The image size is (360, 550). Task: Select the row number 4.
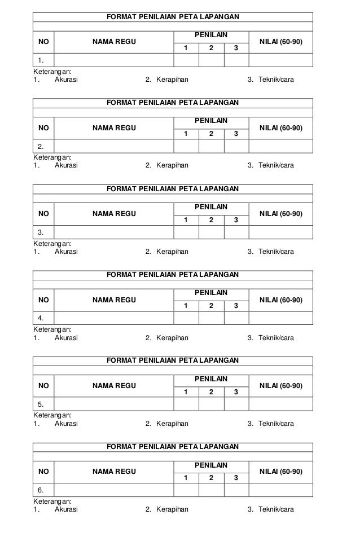pos(41,318)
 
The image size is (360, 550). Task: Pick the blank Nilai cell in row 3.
pos(280,232)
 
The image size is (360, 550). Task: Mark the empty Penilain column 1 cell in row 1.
pos(186,60)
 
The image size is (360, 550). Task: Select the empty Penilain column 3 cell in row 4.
pos(236,318)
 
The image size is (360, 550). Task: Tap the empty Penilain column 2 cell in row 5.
pos(211,404)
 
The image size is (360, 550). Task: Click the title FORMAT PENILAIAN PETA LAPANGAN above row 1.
pos(173,17)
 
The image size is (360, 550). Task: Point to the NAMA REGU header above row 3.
pos(114,214)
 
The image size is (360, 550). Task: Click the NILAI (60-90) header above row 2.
pos(280,128)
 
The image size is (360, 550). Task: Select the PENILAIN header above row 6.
pos(211,465)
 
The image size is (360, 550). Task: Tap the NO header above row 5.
pos(43,386)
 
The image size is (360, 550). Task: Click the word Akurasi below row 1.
pos(66,80)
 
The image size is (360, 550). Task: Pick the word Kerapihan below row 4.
pos(172,338)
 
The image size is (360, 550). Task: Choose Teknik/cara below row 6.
pos(276,510)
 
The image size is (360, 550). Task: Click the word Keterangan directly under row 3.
pos(52,244)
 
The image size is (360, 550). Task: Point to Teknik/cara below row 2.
pos(276,166)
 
